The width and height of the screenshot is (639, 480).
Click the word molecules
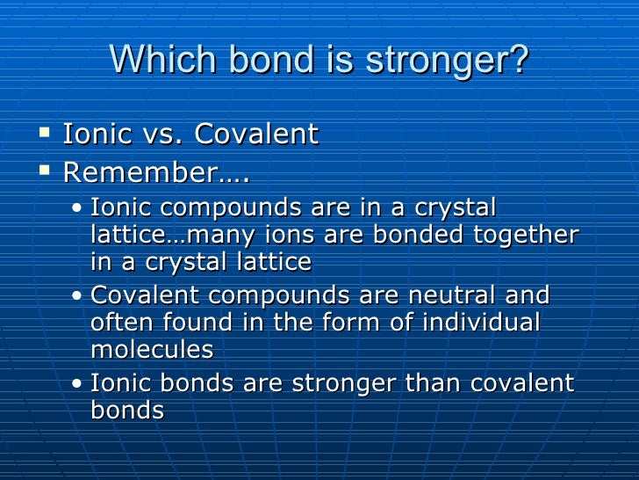[152, 349]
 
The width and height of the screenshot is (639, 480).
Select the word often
[122, 323]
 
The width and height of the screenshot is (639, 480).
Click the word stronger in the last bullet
[335, 382]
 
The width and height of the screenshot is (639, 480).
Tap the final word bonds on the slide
[127, 410]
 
